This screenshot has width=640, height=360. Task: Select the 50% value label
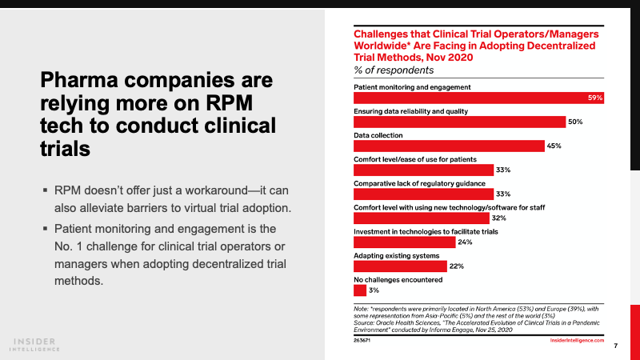(575, 122)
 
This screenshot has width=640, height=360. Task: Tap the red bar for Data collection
(449, 146)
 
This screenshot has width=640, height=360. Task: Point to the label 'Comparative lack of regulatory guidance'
(408, 182)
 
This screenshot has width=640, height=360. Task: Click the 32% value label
(500, 218)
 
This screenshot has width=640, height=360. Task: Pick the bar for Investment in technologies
(403, 242)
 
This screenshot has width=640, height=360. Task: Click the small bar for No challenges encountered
(359, 290)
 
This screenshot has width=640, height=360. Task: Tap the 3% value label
(374, 290)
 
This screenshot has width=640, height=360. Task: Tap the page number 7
(614, 346)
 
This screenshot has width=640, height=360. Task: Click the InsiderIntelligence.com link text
(576, 340)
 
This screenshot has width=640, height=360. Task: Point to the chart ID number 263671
(363, 340)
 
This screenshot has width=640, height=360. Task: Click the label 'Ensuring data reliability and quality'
(410, 110)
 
